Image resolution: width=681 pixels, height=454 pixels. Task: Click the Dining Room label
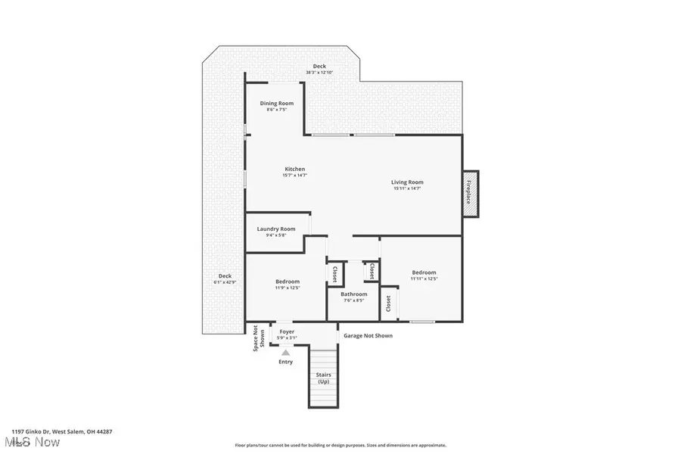[x=277, y=104]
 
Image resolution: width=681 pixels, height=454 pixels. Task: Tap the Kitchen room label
[x=295, y=169]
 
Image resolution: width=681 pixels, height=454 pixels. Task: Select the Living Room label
[x=407, y=182]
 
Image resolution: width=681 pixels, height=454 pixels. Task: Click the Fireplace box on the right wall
[x=470, y=193]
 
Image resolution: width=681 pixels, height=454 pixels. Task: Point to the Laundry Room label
[x=276, y=229]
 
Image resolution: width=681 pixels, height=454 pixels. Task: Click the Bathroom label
[x=353, y=294]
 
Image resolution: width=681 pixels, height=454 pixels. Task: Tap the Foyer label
[x=287, y=331]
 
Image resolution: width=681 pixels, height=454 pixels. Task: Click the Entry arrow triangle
[x=285, y=352]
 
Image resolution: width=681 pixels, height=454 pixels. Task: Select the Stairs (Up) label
[x=323, y=378]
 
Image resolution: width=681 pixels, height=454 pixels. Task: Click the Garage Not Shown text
[x=368, y=335]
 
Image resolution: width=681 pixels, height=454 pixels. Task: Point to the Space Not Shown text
[x=259, y=339]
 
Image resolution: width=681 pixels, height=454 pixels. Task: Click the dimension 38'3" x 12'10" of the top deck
[x=319, y=73]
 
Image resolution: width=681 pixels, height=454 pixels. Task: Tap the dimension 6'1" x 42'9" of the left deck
[x=225, y=282]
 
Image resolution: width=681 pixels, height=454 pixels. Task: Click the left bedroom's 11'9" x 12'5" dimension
[x=288, y=288]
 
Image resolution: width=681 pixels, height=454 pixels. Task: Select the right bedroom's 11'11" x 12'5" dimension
[x=424, y=278]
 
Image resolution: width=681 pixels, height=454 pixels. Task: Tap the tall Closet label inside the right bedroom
[x=389, y=303]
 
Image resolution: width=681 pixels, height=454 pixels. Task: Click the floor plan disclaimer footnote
[x=340, y=446]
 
